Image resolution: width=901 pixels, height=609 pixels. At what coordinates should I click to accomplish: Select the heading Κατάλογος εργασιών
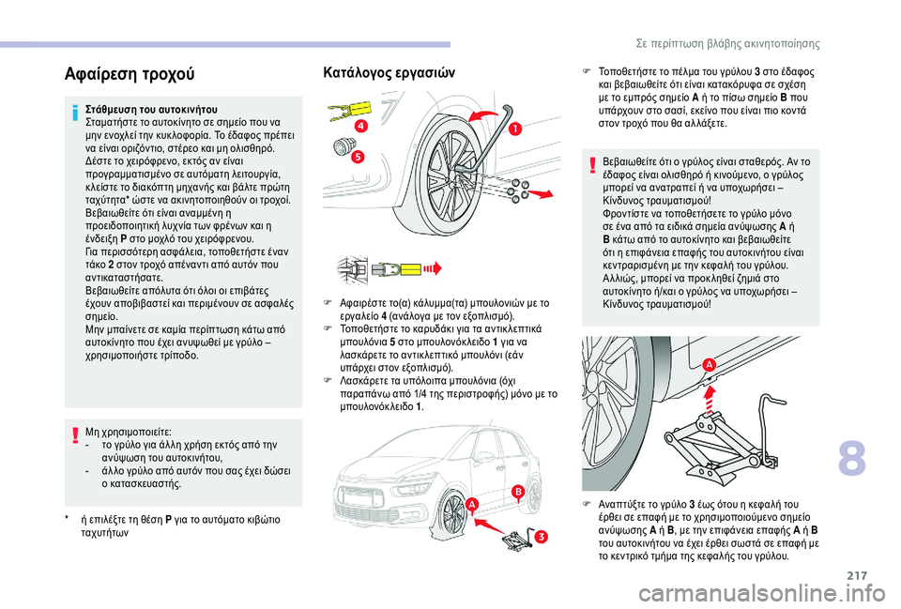[388, 71]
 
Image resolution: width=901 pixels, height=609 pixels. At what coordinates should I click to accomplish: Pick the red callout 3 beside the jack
[542, 536]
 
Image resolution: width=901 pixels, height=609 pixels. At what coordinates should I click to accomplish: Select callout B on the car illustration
[517, 492]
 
